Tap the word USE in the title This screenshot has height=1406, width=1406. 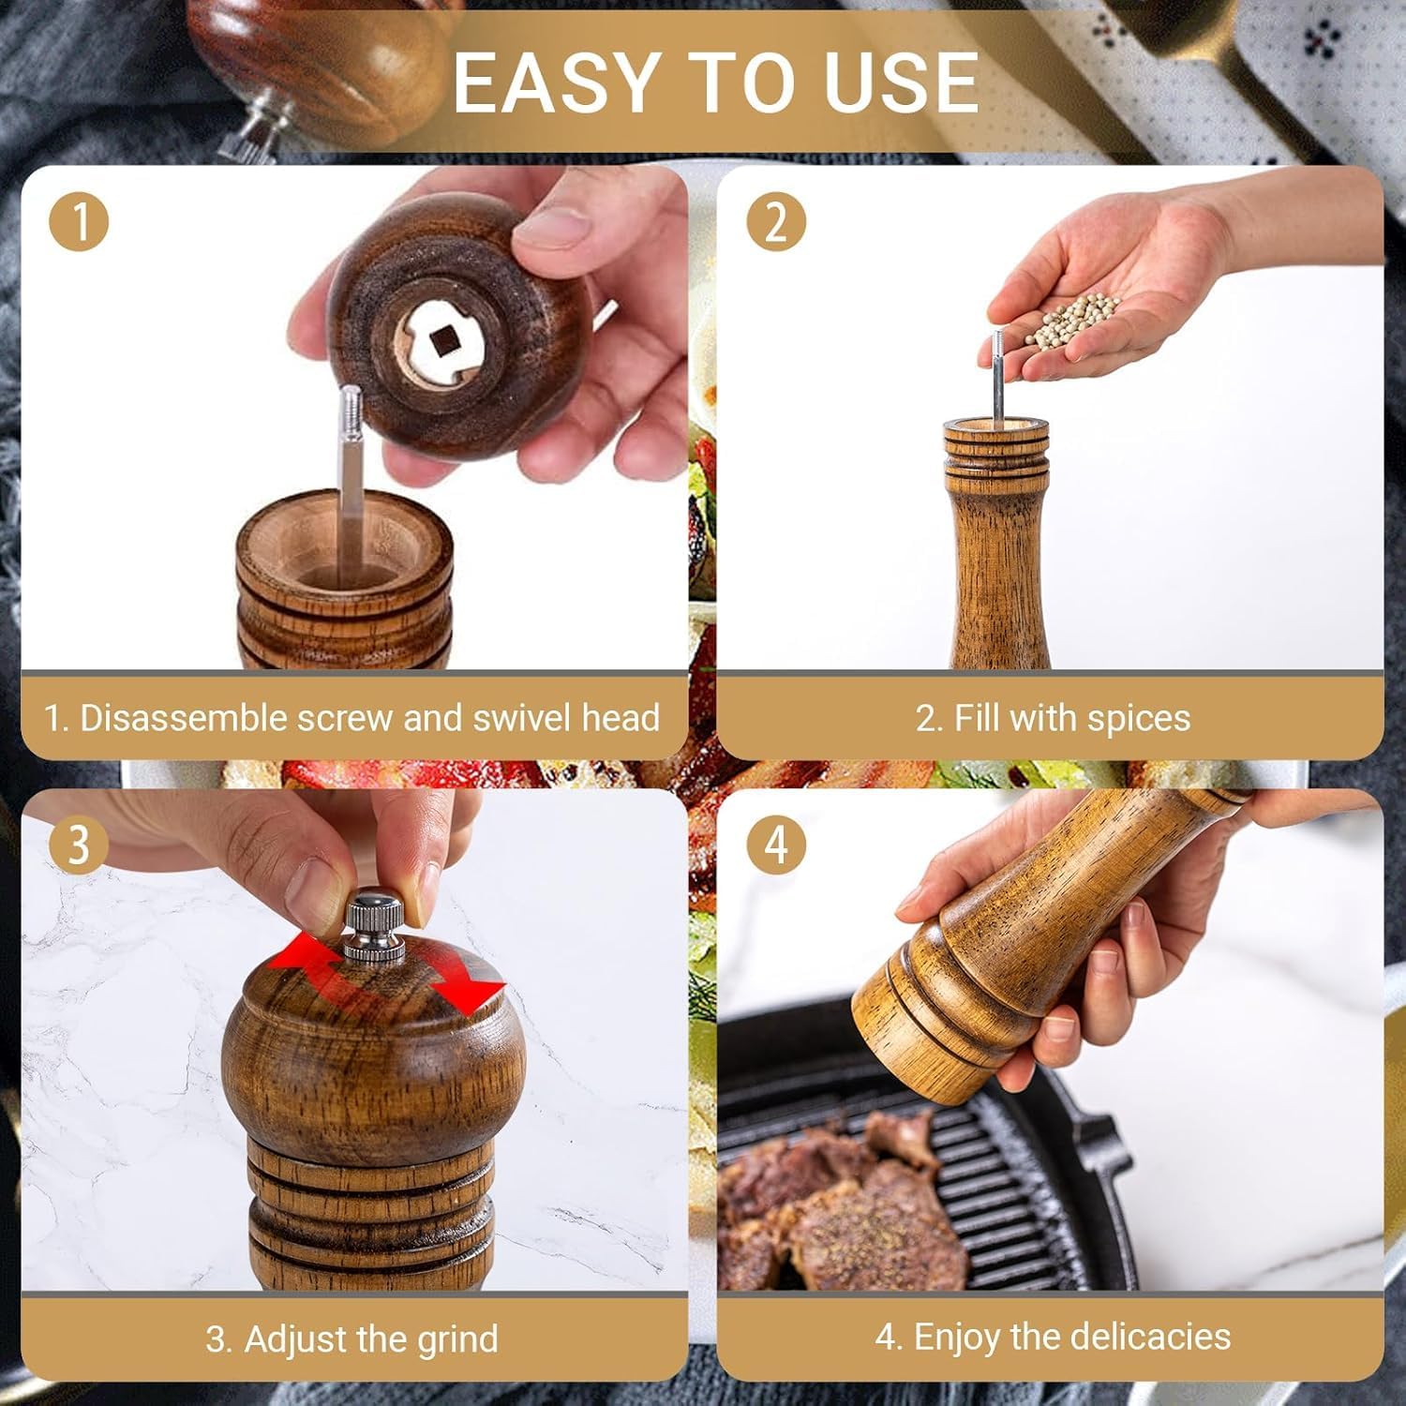click(x=901, y=82)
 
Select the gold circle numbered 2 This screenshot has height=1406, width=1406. click(x=776, y=222)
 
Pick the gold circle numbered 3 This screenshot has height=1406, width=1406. click(x=79, y=845)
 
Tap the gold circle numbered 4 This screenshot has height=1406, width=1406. click(x=776, y=845)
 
